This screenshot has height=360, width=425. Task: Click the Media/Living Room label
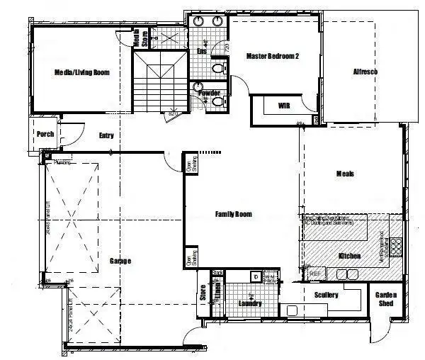(x=81, y=72)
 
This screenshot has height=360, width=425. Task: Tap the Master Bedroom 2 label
(x=272, y=56)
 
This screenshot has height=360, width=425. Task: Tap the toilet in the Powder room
(x=217, y=101)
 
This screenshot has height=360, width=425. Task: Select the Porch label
(x=45, y=134)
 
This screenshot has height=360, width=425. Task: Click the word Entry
(x=106, y=136)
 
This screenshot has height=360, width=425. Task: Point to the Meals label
(x=345, y=174)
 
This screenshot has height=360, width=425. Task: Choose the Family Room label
(x=233, y=213)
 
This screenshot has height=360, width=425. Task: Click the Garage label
(x=120, y=261)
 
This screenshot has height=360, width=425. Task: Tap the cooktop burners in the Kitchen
(x=395, y=246)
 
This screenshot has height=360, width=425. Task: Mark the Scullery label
(x=326, y=294)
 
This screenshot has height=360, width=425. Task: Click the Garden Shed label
(x=385, y=298)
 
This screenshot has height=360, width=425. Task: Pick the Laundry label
(x=249, y=303)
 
